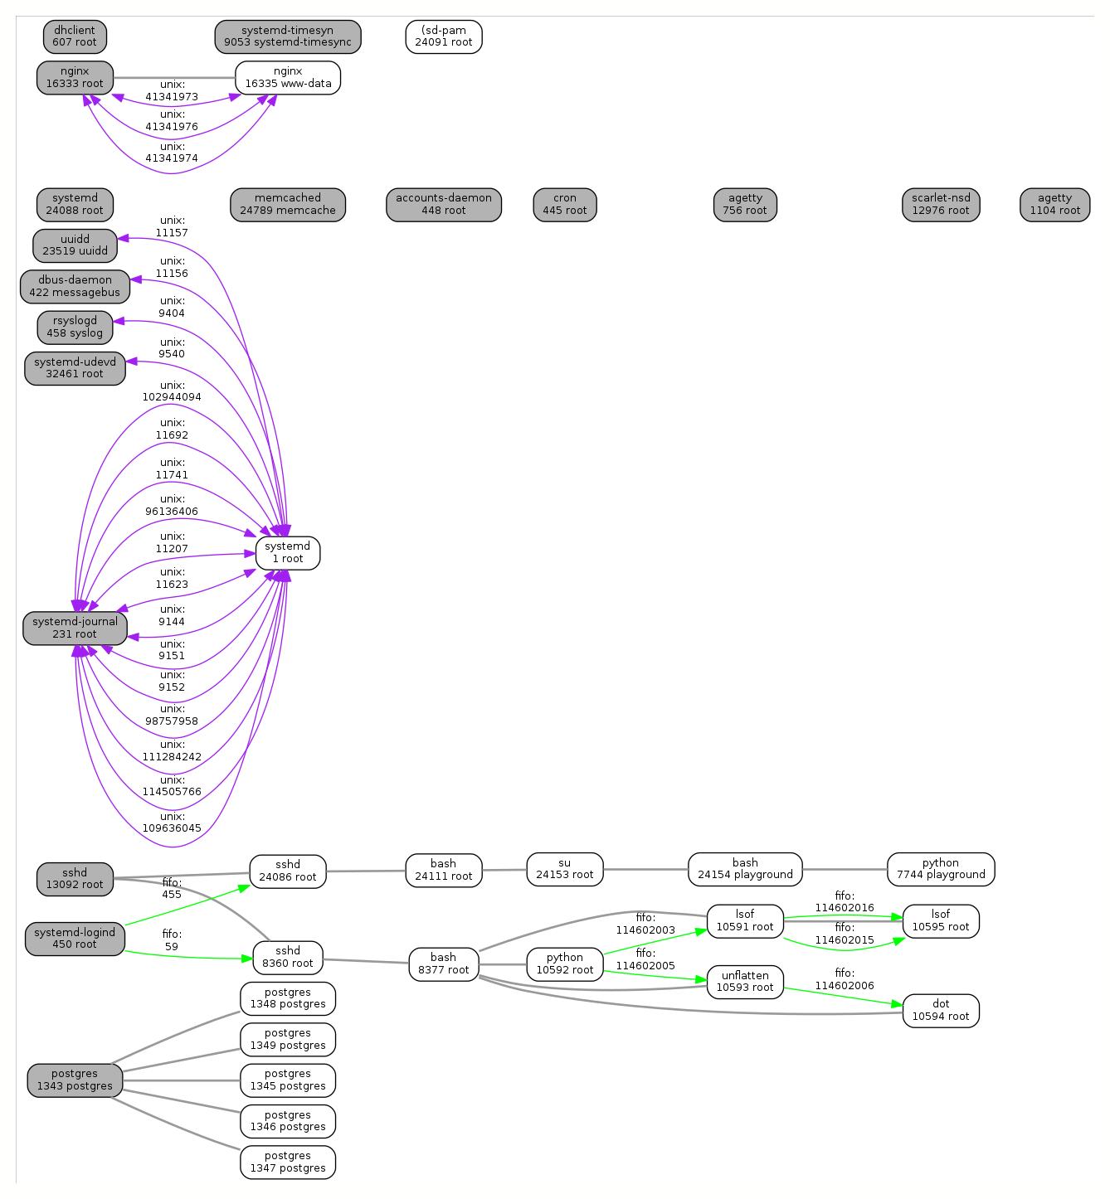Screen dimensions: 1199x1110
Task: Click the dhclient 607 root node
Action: point(75,36)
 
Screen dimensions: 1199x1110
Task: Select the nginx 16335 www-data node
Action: point(288,78)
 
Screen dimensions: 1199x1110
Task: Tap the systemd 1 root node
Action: point(288,553)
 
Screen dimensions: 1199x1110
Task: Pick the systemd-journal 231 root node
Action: point(75,629)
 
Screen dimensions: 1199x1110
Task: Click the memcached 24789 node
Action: point(288,205)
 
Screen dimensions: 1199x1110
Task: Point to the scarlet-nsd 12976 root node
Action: point(941,205)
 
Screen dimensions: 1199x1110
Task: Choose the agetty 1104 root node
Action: point(1054,205)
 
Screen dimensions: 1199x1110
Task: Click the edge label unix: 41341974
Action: point(172,153)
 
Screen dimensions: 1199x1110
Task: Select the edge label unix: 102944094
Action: point(172,391)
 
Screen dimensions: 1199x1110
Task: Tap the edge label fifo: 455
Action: point(172,889)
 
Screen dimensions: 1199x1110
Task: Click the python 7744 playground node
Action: point(941,869)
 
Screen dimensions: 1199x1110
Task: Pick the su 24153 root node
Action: point(565,869)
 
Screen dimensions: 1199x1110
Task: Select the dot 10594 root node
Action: point(941,1010)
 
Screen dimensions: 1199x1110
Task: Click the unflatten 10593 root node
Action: point(745,982)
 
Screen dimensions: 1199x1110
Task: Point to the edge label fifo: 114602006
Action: point(845,979)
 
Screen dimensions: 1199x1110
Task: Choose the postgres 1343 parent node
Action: point(75,1080)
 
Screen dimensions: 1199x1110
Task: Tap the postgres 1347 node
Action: point(288,1163)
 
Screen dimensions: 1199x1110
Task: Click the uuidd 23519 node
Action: point(75,245)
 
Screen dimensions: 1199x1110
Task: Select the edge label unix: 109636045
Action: point(172,823)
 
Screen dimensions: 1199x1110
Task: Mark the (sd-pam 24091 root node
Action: point(444,36)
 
